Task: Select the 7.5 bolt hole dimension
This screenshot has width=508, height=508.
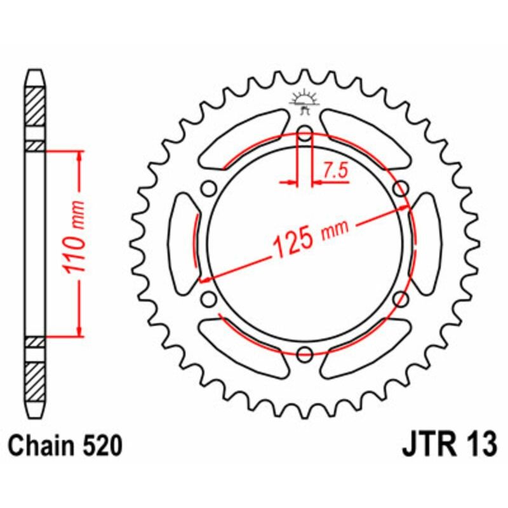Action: (335, 170)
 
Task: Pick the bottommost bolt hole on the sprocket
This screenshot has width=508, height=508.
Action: (304, 353)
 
